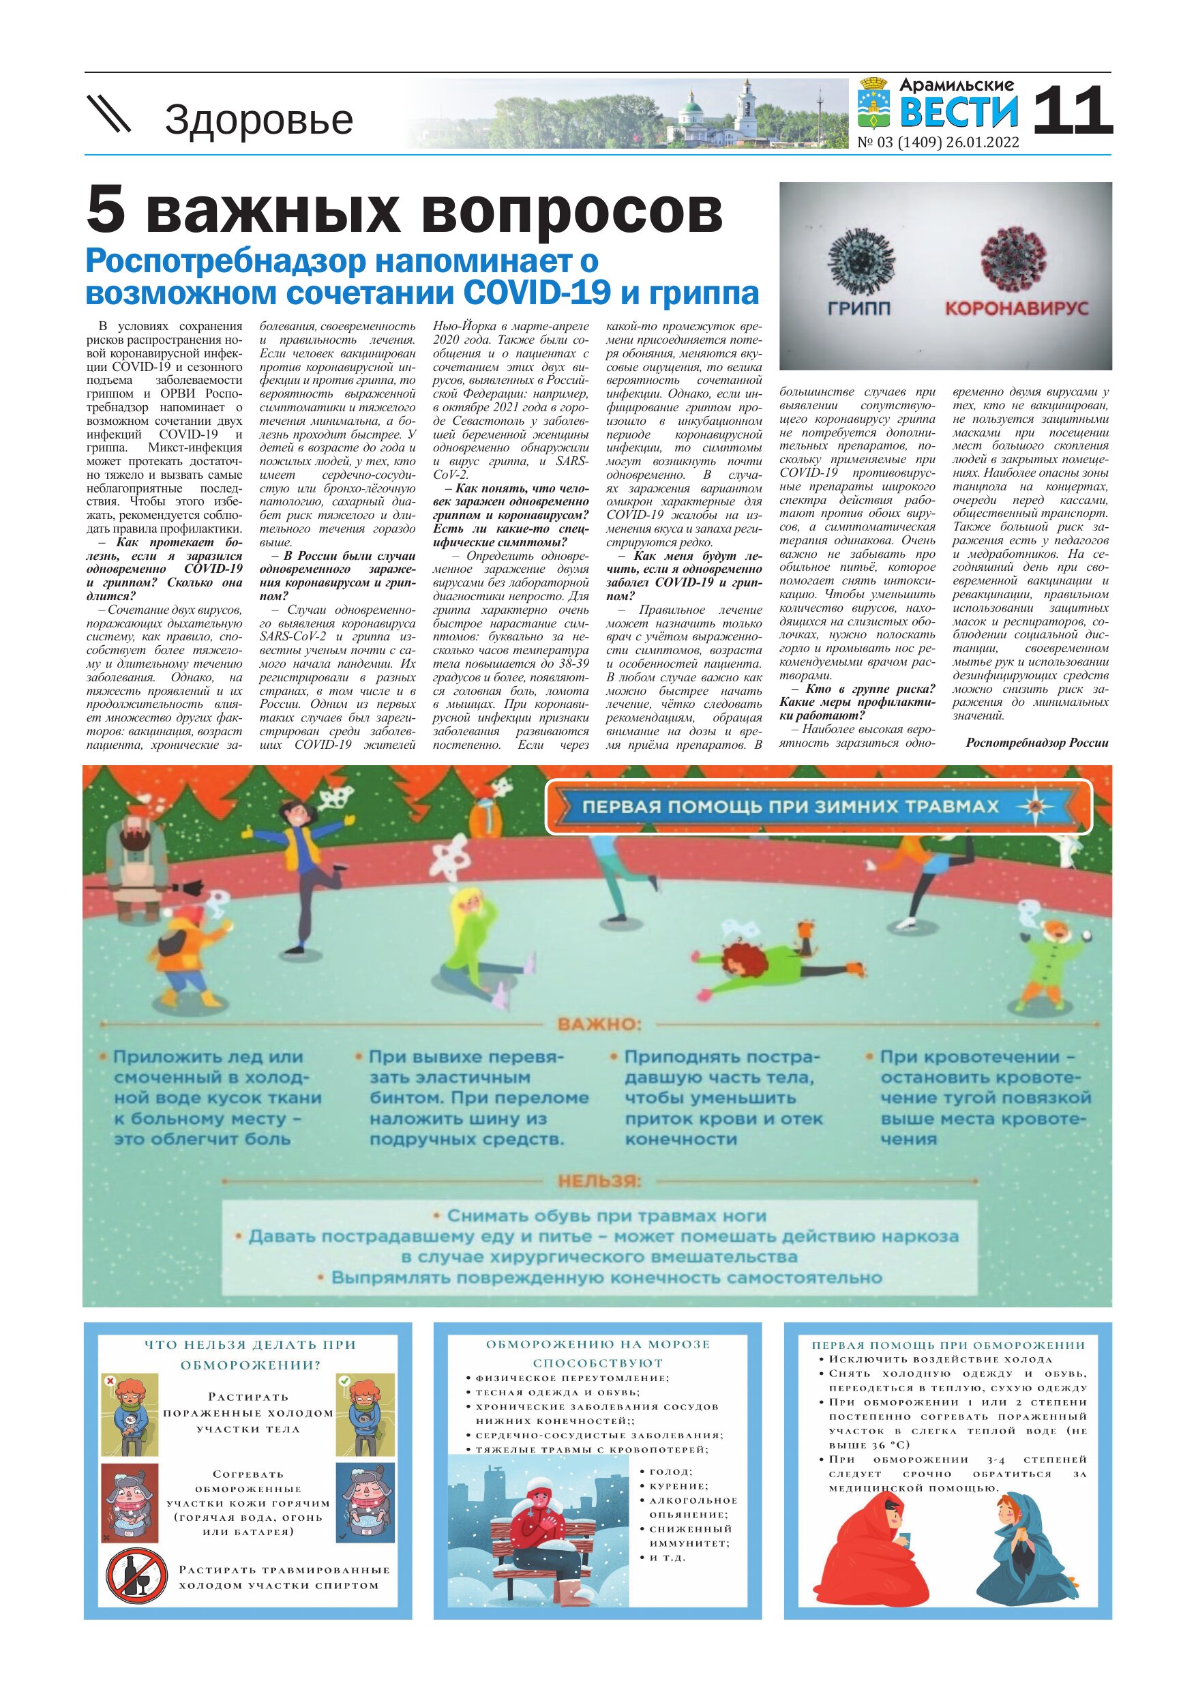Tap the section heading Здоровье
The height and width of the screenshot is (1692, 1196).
[258, 119]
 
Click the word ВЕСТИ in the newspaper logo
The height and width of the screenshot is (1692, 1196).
[959, 112]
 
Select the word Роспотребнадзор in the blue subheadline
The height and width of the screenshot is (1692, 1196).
[226, 261]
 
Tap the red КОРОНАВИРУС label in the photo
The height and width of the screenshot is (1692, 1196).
[1016, 308]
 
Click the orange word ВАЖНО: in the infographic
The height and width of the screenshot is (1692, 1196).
[599, 1024]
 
